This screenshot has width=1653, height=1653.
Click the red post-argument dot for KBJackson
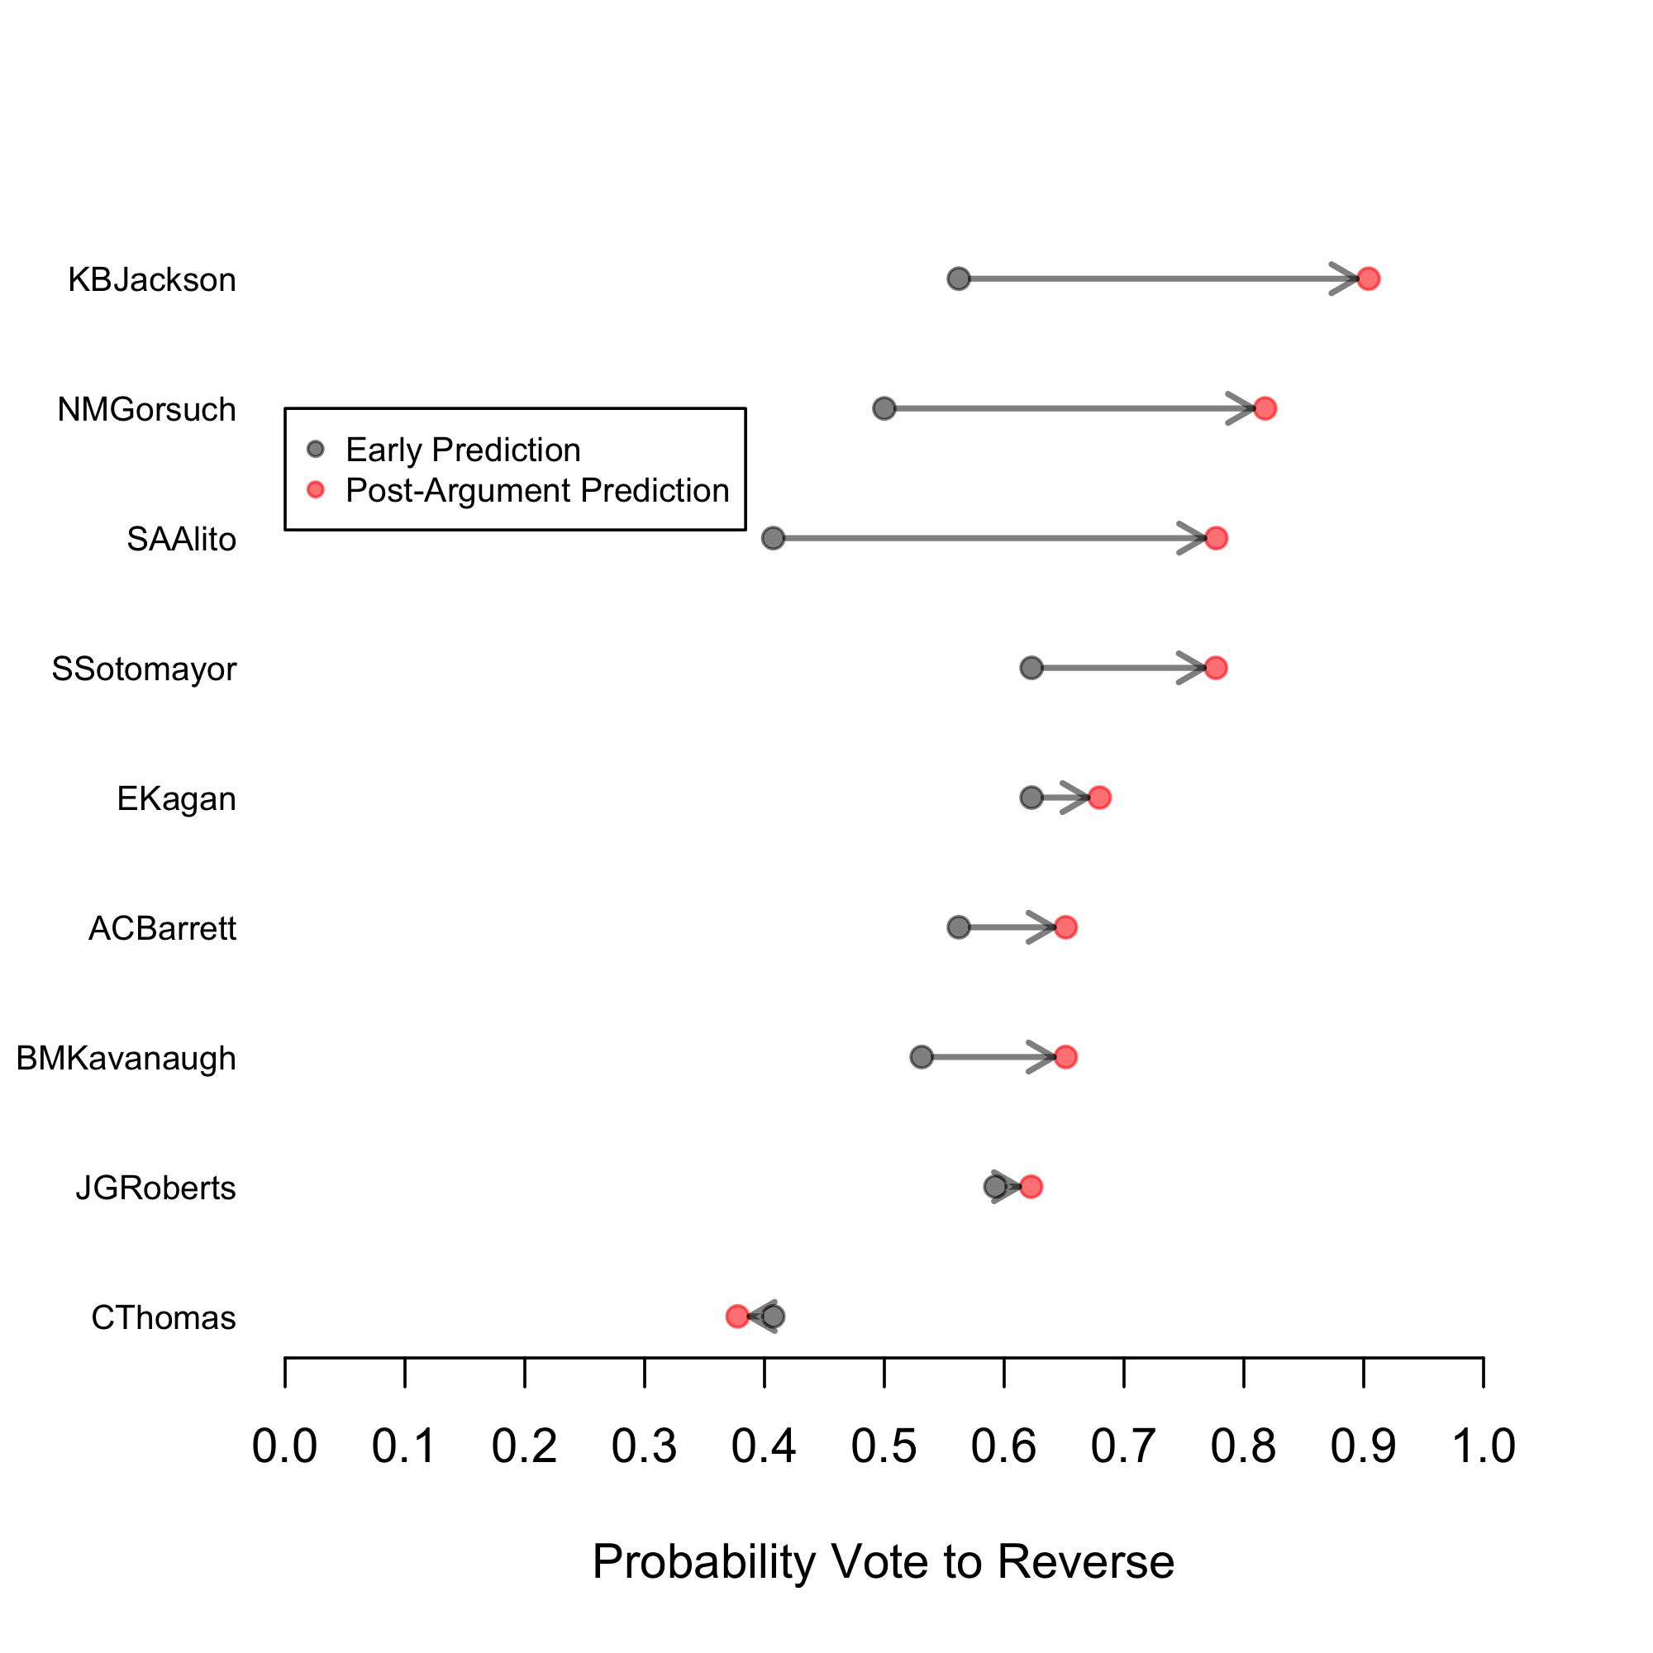coord(1368,279)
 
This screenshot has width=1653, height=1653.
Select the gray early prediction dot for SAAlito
coord(773,538)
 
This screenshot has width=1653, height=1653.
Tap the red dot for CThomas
coord(736,1316)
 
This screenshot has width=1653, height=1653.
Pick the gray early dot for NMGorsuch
coord(884,408)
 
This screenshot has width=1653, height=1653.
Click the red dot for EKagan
coord(1099,798)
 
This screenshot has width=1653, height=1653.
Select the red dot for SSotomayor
coord(1216,667)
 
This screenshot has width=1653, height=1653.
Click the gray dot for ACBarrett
coord(958,927)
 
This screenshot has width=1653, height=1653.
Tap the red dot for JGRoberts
coord(1031,1187)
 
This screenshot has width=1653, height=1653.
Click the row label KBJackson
coord(151,280)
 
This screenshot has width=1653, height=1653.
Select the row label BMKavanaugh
coord(126,1059)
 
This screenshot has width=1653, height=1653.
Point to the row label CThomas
coord(164,1317)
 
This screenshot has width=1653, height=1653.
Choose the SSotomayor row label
coord(144,668)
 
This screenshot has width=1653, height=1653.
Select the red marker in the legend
coord(316,489)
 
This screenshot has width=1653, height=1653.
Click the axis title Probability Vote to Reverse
coord(883,1561)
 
